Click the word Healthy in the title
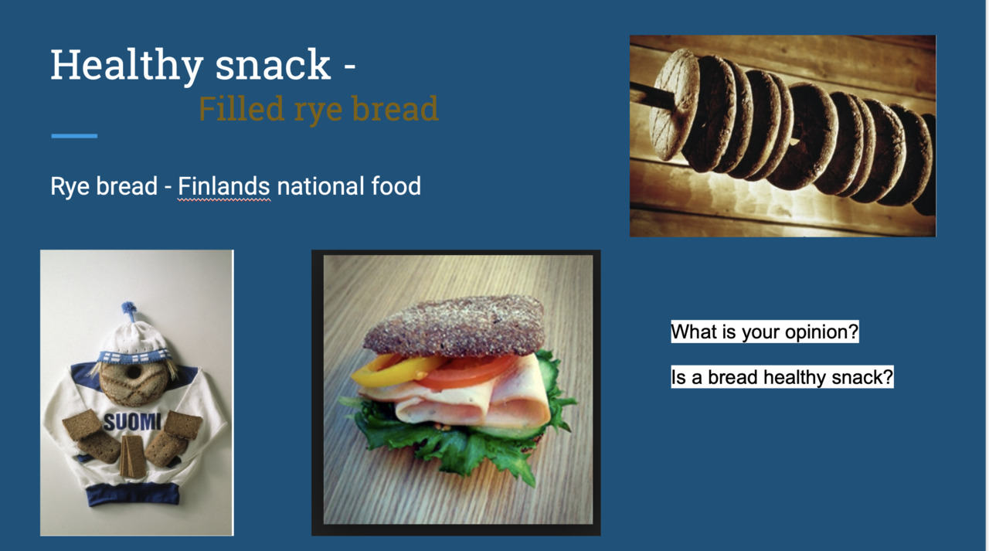coord(127,66)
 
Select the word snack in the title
coord(273,66)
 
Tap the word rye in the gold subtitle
coord(318,111)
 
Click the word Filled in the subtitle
coord(241,108)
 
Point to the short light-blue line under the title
coord(74,136)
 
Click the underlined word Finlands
coord(224,186)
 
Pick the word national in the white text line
coord(320,186)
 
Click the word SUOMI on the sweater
coord(132,422)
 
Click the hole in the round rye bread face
coord(134,372)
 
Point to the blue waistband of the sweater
coord(133,494)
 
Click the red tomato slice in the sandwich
coord(468,370)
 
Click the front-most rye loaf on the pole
coord(674,104)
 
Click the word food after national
coord(396,186)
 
